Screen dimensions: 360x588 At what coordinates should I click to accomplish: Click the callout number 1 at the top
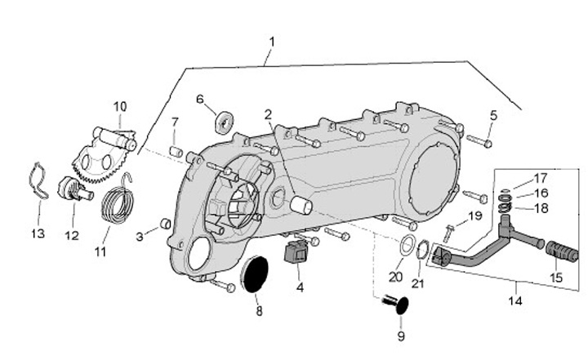pyautogui.click(x=272, y=41)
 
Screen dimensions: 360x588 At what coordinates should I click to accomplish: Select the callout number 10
pyautogui.click(x=120, y=106)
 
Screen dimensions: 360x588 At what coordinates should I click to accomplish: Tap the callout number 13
pyautogui.click(x=38, y=234)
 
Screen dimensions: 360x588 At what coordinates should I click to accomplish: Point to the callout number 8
pyautogui.click(x=259, y=311)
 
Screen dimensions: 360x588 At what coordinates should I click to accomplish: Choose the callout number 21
pyautogui.click(x=419, y=283)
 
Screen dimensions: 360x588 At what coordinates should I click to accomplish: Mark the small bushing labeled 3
pyautogui.click(x=164, y=224)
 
